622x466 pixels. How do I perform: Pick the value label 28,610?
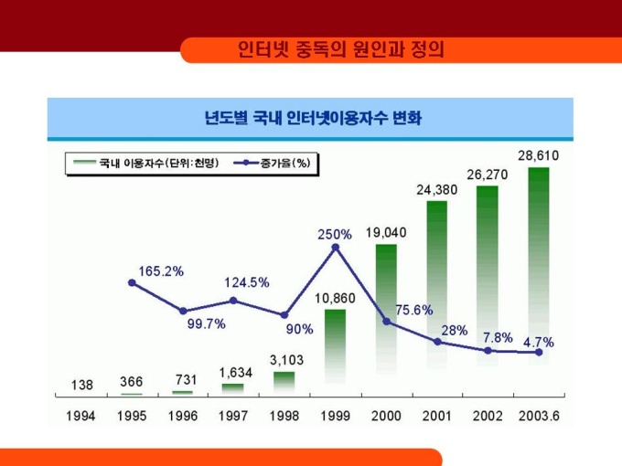(538, 156)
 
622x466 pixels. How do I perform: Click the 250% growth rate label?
(334, 235)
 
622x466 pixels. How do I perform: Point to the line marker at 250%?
(336, 247)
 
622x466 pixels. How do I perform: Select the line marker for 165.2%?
(132, 282)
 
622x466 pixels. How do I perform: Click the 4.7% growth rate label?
(538, 342)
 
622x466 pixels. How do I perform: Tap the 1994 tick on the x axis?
(81, 416)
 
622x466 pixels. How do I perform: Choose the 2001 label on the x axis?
(437, 416)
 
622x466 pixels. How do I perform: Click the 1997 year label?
(233, 416)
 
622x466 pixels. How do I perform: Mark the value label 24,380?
(437, 190)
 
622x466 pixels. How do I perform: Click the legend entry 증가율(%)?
(280, 164)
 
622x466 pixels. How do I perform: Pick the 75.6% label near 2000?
(413, 311)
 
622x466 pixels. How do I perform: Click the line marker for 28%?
(437, 342)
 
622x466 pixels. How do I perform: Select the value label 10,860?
(336, 299)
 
